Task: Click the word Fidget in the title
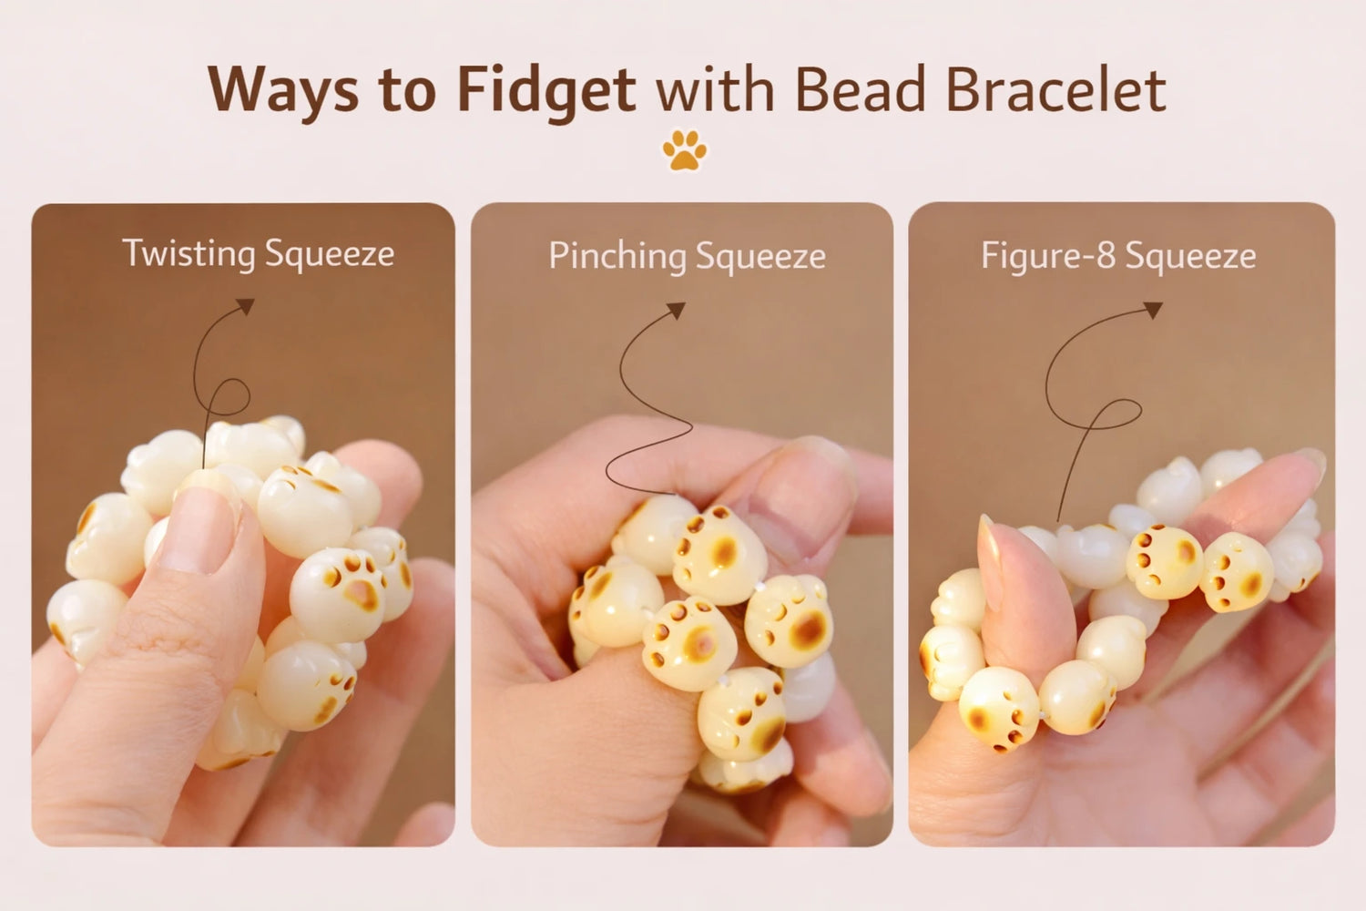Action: [x=546, y=91]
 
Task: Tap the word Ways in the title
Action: [x=283, y=91]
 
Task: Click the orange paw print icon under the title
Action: [x=684, y=149]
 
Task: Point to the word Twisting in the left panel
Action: [x=189, y=254]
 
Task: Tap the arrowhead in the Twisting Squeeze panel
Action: [x=246, y=306]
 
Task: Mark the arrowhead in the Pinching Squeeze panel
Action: [x=677, y=310]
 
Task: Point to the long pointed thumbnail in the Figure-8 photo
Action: [x=992, y=561]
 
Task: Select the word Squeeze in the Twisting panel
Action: [x=330, y=254]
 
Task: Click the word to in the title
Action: [x=407, y=95]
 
